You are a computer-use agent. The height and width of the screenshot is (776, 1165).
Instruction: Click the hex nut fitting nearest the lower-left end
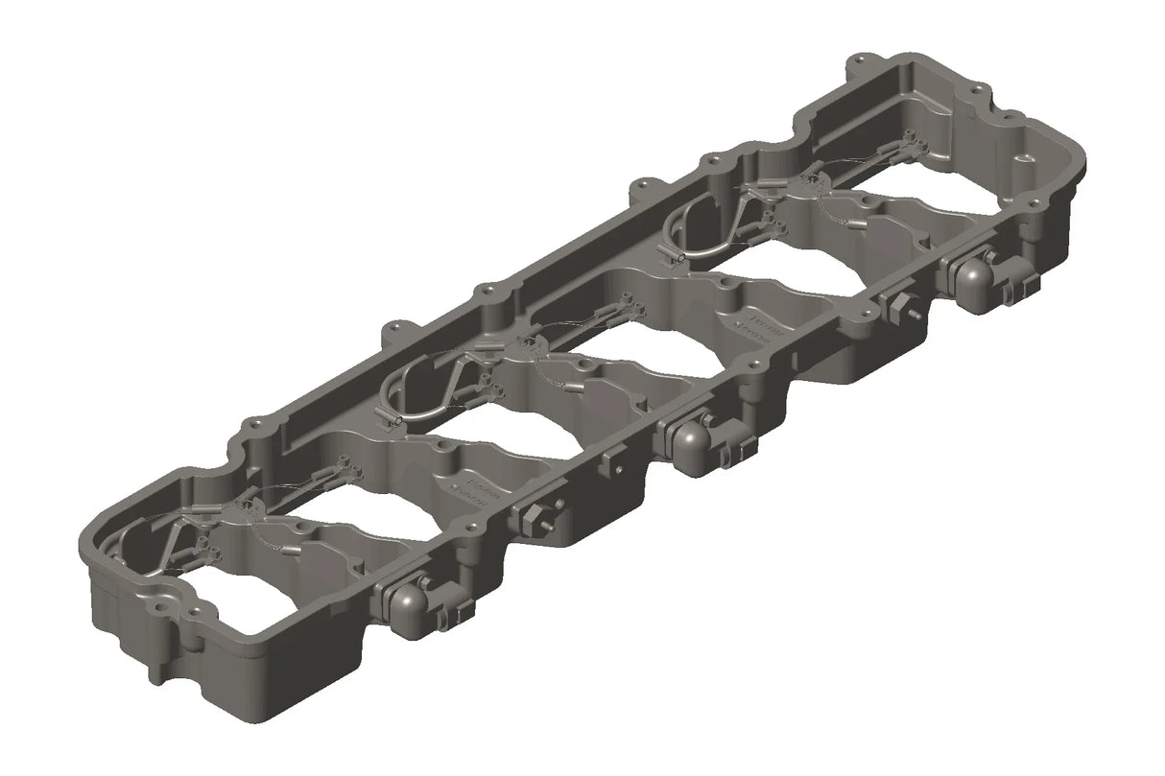pos(528,518)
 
